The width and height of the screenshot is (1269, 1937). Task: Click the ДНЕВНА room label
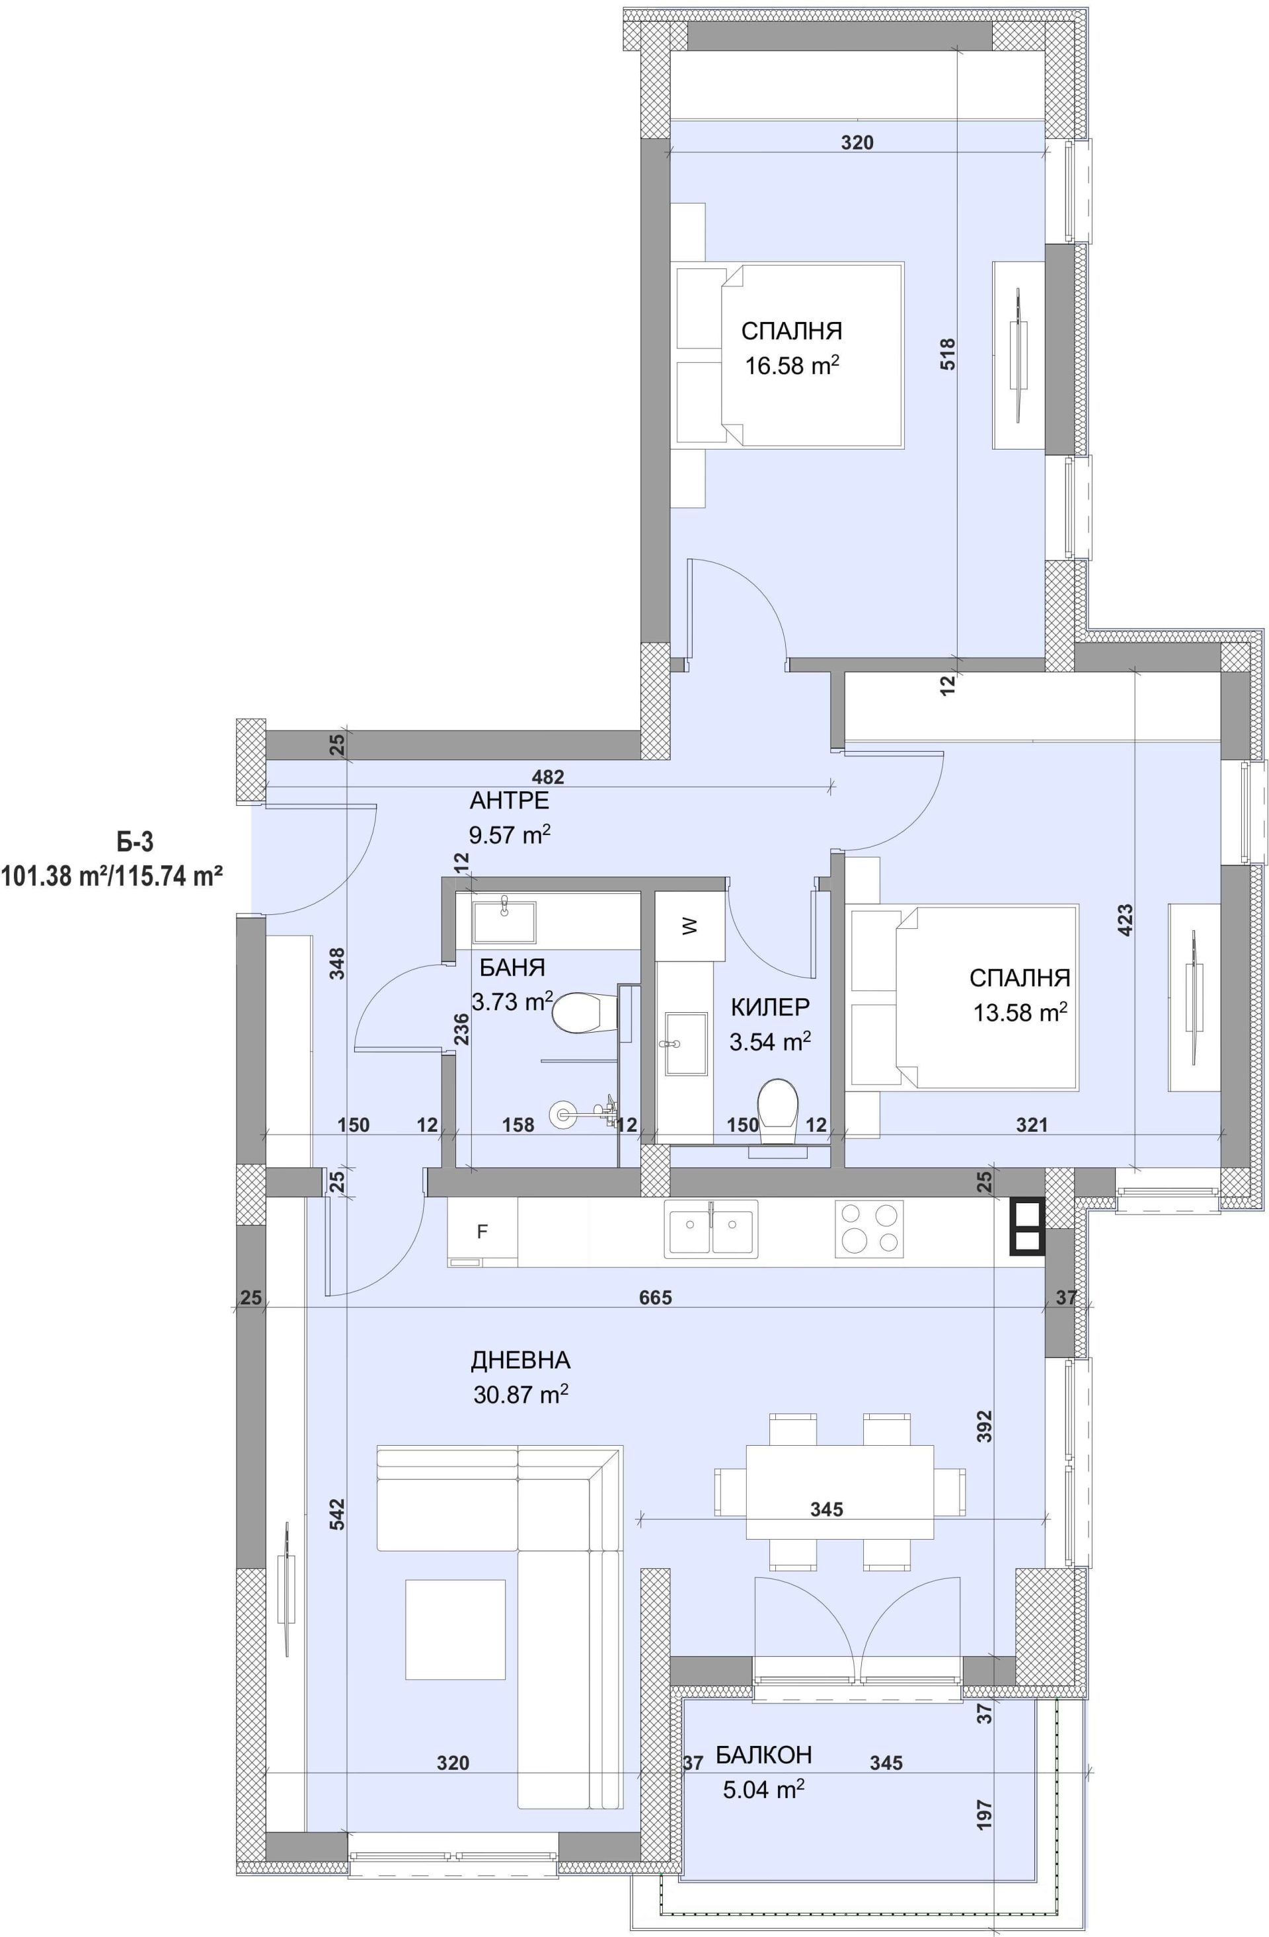pyautogui.click(x=521, y=1360)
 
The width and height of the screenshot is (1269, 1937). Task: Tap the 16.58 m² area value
pyautogui.click(x=792, y=366)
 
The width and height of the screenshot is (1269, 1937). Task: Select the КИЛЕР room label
pyautogui.click(x=769, y=1008)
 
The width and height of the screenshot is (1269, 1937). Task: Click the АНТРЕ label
pyautogui.click(x=509, y=801)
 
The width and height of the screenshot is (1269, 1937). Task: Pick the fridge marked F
pyautogui.click(x=482, y=1232)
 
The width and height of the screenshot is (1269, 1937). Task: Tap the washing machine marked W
pyautogui.click(x=690, y=926)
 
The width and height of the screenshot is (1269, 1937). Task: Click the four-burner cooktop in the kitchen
pyautogui.click(x=868, y=1229)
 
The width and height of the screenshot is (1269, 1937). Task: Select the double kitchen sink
pyautogui.click(x=711, y=1229)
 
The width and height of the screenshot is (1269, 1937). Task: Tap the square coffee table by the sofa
pyautogui.click(x=455, y=1630)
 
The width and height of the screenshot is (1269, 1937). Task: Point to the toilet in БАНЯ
pyautogui.click(x=579, y=1013)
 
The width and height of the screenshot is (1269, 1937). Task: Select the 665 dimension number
pyautogui.click(x=656, y=1297)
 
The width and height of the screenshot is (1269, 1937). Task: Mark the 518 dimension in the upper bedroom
pyautogui.click(x=948, y=355)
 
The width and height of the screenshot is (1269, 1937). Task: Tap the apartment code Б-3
pyautogui.click(x=135, y=841)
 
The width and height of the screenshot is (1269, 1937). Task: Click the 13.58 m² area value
pyautogui.click(x=1020, y=1012)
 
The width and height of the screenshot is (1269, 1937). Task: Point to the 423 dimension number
pyautogui.click(x=1125, y=920)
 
